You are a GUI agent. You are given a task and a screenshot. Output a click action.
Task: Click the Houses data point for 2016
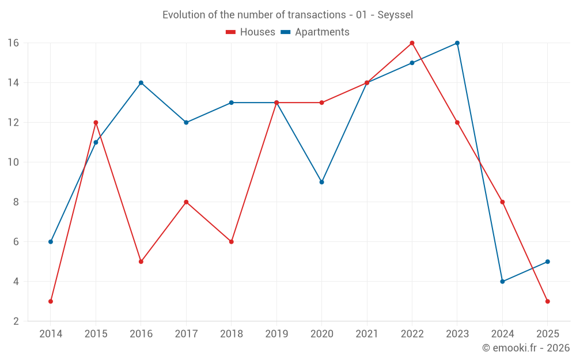[x=141, y=262]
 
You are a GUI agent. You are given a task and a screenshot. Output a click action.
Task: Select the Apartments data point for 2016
[x=141, y=83]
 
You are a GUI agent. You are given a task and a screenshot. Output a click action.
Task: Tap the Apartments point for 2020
[x=321, y=182]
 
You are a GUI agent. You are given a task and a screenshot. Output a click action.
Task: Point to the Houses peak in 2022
[x=412, y=43]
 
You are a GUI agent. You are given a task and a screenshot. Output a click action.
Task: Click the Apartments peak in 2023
[x=457, y=43]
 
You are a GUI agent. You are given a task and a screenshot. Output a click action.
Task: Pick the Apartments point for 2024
[x=502, y=282]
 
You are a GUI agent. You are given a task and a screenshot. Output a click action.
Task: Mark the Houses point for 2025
[x=547, y=301]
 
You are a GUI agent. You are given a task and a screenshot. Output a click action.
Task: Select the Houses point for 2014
[x=51, y=301]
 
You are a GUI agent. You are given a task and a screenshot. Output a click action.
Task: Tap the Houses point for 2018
[x=231, y=242]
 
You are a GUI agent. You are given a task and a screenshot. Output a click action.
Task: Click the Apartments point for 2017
[x=186, y=123]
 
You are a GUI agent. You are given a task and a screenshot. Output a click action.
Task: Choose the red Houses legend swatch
[x=230, y=32]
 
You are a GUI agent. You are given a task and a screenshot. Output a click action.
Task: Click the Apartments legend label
[x=322, y=32]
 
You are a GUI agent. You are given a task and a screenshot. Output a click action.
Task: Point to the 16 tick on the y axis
[x=13, y=43]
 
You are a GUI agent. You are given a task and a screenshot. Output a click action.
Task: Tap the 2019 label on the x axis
[x=276, y=334]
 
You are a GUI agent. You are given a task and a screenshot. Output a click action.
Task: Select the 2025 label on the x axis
[x=547, y=334]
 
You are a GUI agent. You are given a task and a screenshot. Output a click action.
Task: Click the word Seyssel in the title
[x=395, y=15]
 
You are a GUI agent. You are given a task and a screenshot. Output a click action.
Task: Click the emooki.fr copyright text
[x=525, y=348]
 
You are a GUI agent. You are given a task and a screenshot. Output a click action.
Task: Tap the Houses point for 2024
[x=502, y=202]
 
